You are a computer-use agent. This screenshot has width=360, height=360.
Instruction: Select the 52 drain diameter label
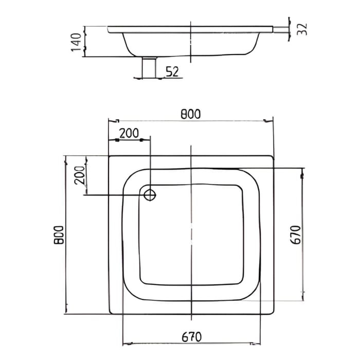pyautogui.click(x=172, y=71)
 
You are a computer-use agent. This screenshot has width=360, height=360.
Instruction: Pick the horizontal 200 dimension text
pyautogui.click(x=129, y=133)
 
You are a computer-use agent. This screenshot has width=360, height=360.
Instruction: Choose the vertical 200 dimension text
pyautogui.click(x=79, y=176)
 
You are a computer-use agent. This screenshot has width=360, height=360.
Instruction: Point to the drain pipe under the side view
pyautogui.click(x=149, y=67)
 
